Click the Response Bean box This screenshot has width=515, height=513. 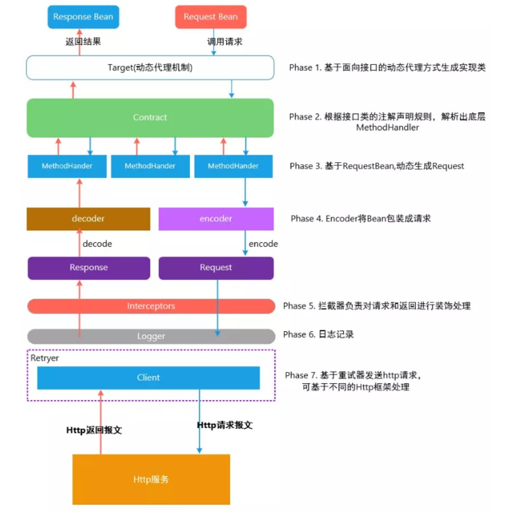pyautogui.click(x=83, y=17)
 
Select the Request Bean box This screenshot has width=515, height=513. pyautogui.click(x=211, y=17)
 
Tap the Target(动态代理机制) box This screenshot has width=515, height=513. pyautogui.click(x=150, y=68)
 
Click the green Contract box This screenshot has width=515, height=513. pyautogui.click(x=150, y=118)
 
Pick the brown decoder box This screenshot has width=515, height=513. pyautogui.click(x=88, y=219)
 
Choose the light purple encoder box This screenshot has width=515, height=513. pyautogui.click(x=216, y=219)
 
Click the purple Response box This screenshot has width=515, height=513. pyautogui.click(x=89, y=268)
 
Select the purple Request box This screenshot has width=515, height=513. pyautogui.click(x=216, y=268)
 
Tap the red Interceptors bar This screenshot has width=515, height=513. pyautogui.click(x=151, y=306)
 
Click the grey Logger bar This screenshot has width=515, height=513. pyautogui.click(x=151, y=336)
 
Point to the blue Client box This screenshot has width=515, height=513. pyautogui.click(x=148, y=378)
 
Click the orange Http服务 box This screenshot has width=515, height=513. pyautogui.click(x=151, y=479)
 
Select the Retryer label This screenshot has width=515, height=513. pyautogui.click(x=45, y=358)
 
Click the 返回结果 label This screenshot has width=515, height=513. pyautogui.click(x=83, y=42)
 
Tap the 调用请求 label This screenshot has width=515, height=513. pyautogui.click(x=224, y=42)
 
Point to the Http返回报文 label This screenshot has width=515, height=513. pyautogui.click(x=94, y=430)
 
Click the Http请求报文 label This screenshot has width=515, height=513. pyautogui.click(x=224, y=425)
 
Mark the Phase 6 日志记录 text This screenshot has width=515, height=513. pyautogui.click(x=319, y=335)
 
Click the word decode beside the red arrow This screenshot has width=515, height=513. pyautogui.click(x=97, y=244)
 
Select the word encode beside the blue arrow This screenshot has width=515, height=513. pyautogui.click(x=263, y=244)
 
